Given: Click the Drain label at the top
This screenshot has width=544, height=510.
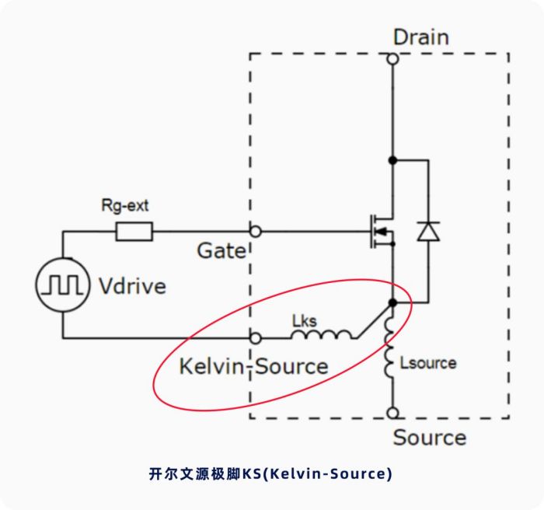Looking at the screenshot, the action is coord(421,37).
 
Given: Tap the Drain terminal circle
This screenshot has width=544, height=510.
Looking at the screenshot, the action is coord(392,59).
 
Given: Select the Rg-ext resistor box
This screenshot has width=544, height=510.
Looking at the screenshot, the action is coord(134,231).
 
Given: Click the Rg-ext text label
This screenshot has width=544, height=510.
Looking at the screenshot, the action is coord(125,205).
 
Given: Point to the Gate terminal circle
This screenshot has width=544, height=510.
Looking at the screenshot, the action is coord(256,231).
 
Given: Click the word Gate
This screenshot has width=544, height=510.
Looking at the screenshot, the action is coord(221,250).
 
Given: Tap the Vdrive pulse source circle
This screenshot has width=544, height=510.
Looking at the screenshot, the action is coord(63,285).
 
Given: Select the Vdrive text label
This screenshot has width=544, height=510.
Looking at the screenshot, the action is coord(133,286).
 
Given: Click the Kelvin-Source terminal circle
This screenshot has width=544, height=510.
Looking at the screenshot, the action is coord(256,338).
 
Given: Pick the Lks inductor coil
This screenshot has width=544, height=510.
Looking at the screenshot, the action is coord(322,334).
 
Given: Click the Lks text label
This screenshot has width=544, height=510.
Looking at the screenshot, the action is coord(305,321).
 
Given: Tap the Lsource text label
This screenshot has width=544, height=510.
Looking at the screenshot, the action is coord(428,363).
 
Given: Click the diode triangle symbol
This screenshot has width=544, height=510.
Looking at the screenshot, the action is coord(428,231).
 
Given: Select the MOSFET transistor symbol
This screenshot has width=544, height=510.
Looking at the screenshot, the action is coord(382,231).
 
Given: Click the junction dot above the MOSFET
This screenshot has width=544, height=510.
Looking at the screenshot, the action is coord(392,160).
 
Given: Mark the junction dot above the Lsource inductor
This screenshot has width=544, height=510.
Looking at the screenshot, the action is coord(392,302).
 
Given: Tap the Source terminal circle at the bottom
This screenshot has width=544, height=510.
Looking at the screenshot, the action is coord(392,413).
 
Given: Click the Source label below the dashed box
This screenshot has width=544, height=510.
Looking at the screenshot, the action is coord(430,437).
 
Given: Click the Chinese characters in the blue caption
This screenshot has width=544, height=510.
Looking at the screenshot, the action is coord(195,474).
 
